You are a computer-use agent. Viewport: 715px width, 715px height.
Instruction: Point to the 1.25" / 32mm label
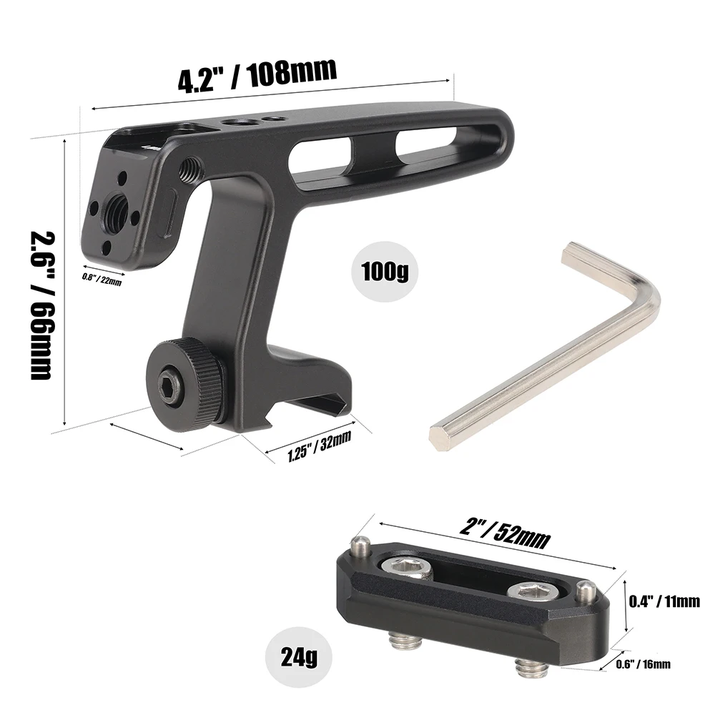(319, 447)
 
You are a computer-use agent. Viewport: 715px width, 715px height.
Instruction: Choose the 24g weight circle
(295, 654)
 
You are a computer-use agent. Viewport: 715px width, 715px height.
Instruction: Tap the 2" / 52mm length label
(505, 534)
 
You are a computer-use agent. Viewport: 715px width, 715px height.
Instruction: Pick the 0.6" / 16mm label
(643, 664)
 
